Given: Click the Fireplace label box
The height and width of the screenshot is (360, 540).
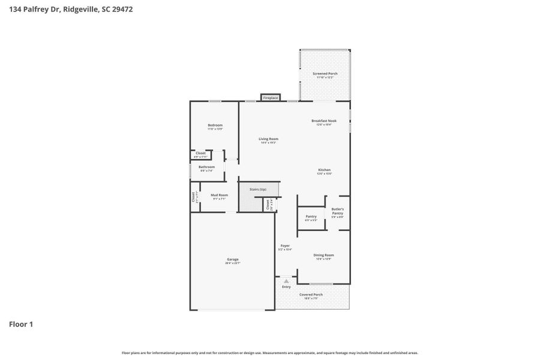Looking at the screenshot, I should pyautogui.click(x=271, y=97).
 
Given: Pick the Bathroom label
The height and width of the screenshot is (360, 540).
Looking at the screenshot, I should pyautogui.click(x=206, y=168).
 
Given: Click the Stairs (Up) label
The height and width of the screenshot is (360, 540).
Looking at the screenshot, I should pyautogui.click(x=258, y=189).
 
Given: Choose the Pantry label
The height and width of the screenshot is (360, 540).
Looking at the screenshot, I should pyautogui.click(x=311, y=217).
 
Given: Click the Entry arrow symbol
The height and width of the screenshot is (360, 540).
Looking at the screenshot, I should pyautogui.click(x=286, y=281).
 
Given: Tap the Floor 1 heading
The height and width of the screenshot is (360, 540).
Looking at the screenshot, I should pyautogui.click(x=21, y=324).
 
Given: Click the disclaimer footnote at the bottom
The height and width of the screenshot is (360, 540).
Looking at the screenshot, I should pyautogui.click(x=270, y=353).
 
